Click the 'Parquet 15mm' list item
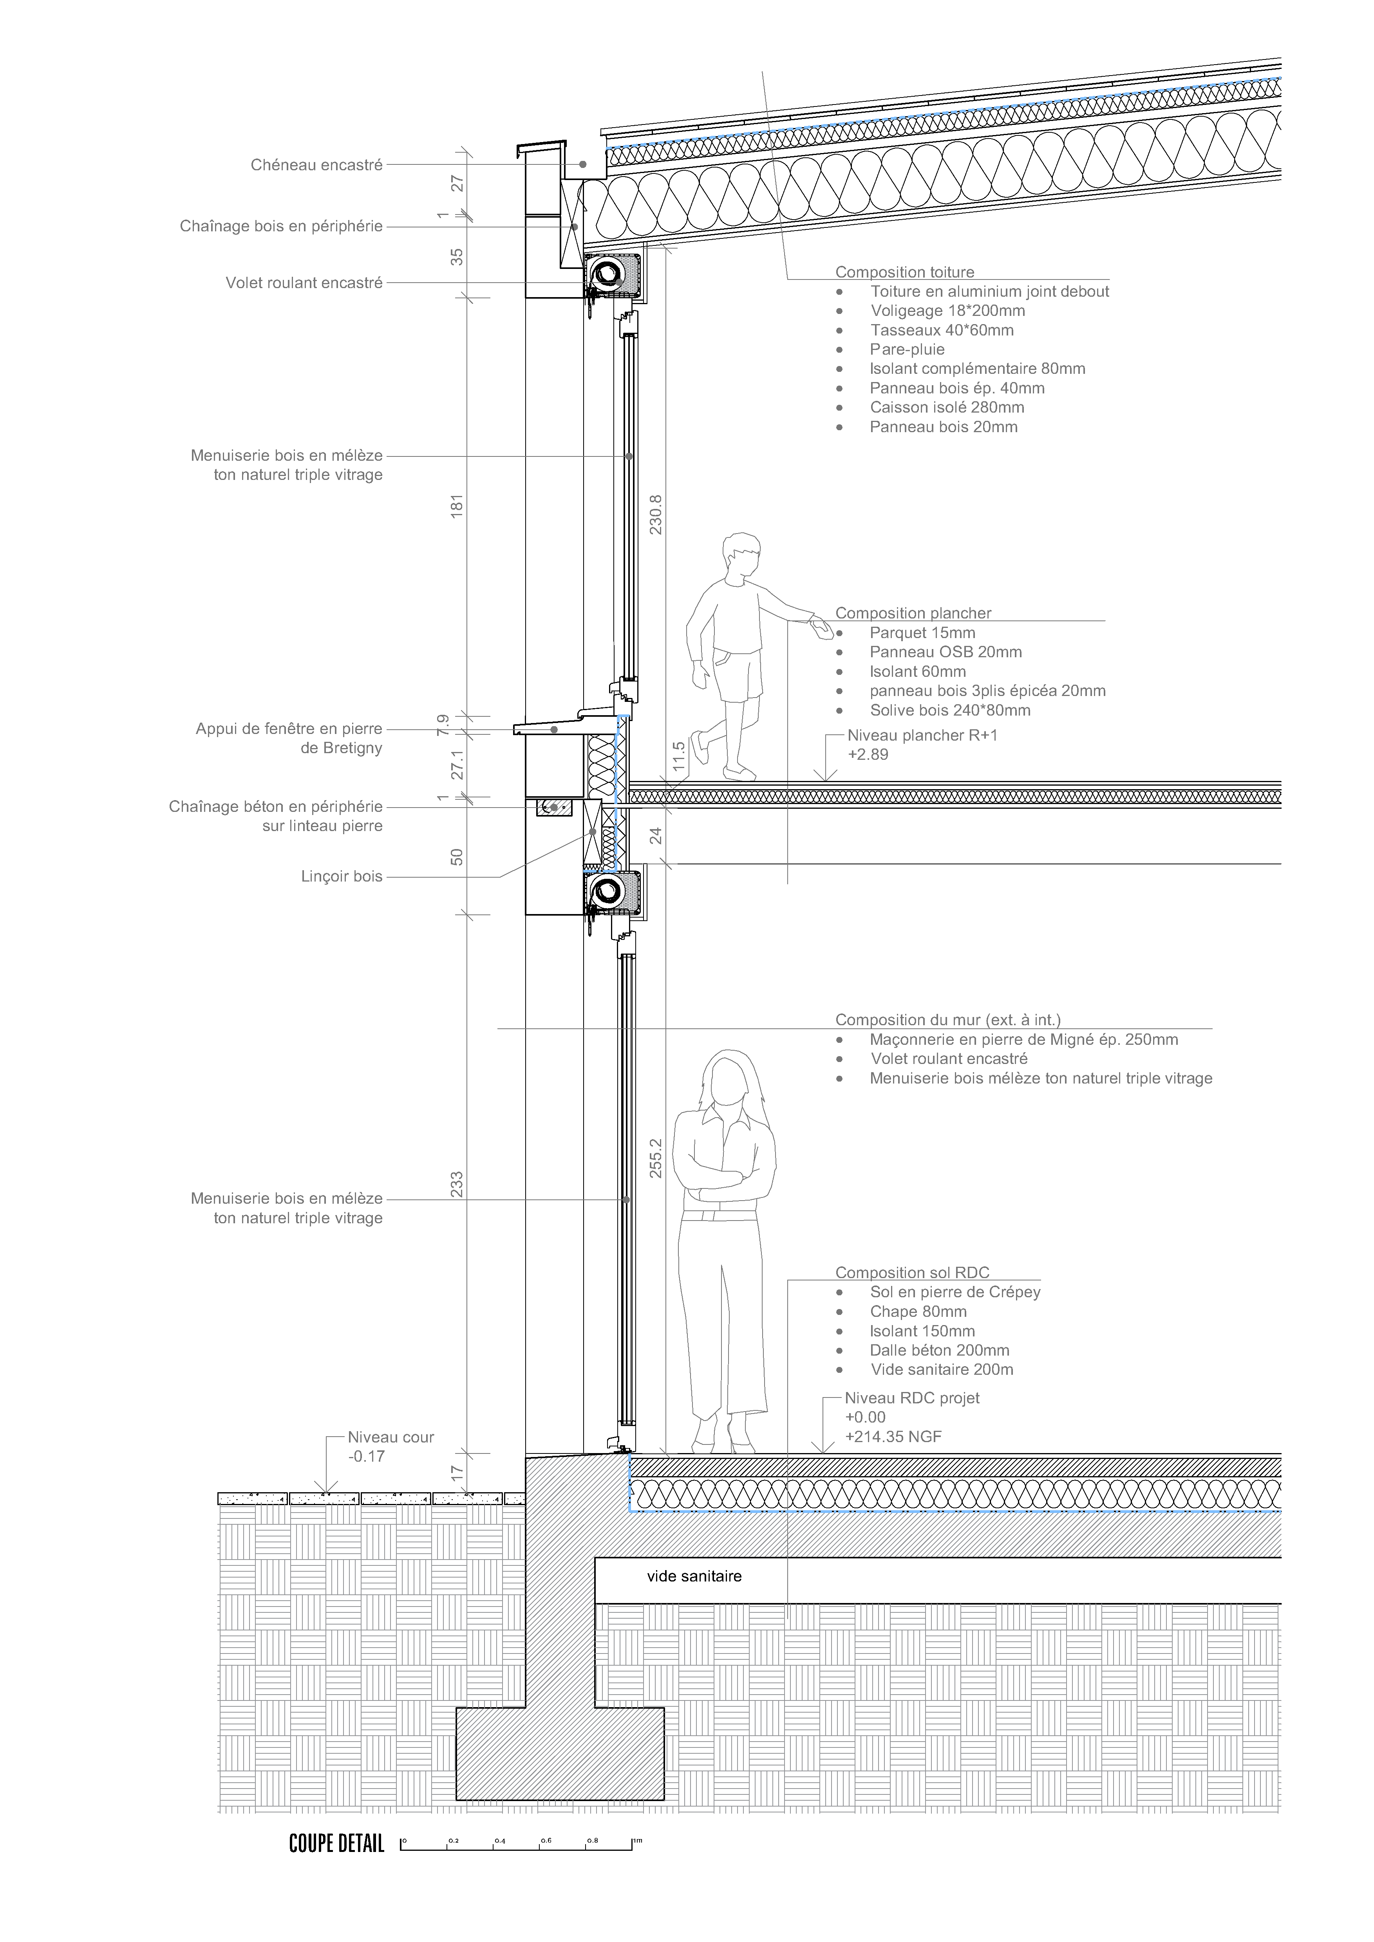tap(922, 633)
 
